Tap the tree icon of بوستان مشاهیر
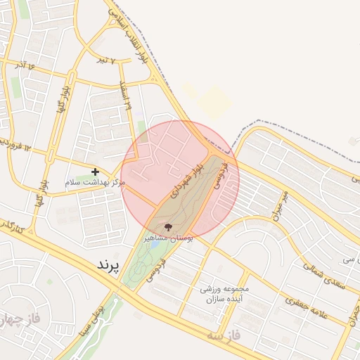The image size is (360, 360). pos(167,227)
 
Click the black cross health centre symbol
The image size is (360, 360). pos(96,171)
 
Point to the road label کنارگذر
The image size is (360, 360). pos(12,226)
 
